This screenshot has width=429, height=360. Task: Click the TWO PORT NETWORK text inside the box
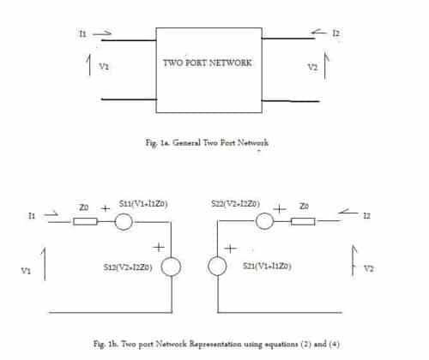(208, 63)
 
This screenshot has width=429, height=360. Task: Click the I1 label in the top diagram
(82, 33)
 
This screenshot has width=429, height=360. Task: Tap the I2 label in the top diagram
(335, 33)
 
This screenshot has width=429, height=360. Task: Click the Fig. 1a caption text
(208, 142)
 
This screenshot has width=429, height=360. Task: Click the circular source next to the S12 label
(172, 267)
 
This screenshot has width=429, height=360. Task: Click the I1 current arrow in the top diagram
(102, 34)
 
